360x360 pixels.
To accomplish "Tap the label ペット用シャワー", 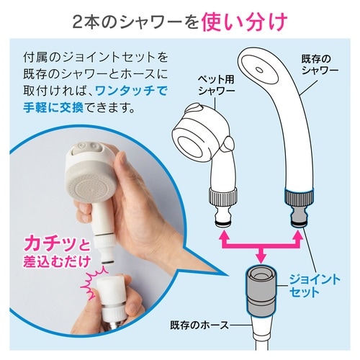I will click(204, 86).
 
